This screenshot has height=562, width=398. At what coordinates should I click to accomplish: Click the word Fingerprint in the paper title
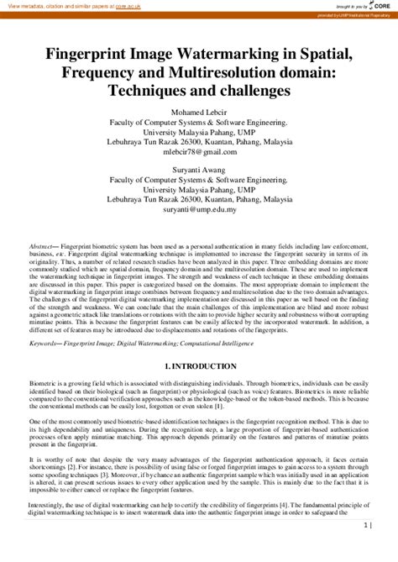[82, 53]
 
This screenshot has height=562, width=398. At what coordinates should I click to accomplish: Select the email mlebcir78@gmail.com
[199, 151]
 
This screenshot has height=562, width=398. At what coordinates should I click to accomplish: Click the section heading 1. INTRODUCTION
[199, 344]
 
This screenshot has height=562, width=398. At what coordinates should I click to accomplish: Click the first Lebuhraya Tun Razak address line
[199, 141]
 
